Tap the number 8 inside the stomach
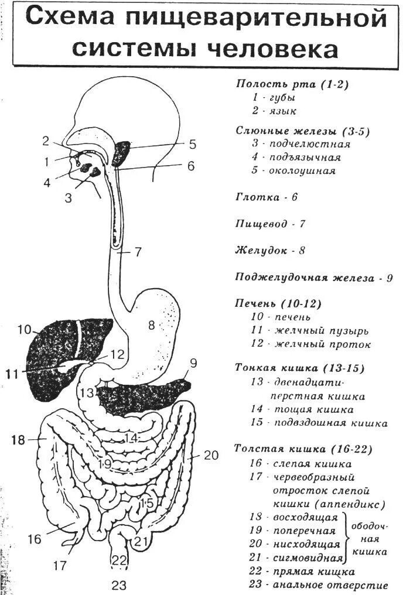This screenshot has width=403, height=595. (151, 325)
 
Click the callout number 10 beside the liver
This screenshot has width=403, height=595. (23, 330)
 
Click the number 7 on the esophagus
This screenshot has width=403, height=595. (138, 252)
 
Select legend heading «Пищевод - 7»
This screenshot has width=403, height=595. (270, 224)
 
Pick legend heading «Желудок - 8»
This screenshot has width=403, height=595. (270, 251)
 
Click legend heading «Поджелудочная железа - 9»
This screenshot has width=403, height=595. (313, 277)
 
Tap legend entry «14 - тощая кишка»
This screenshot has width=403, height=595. (302, 409)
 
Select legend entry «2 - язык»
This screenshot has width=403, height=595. (274, 111)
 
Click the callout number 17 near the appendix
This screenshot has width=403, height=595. (60, 566)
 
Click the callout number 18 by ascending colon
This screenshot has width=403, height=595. (18, 440)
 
